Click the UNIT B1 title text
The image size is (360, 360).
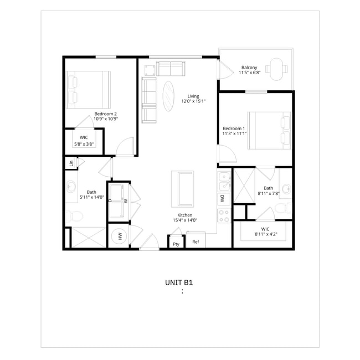coord(179,282)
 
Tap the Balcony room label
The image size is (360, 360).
coord(249,68)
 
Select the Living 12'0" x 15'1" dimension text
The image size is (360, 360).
coord(193,101)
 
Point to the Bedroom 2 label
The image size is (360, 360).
coord(106,114)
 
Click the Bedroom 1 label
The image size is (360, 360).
coord(234,128)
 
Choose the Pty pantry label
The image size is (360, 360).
coord(176,244)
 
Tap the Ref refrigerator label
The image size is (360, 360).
coord(196,242)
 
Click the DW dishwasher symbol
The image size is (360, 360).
coord(224,199)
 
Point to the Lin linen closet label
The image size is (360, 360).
coord(71,163)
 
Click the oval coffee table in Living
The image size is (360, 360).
coord(168,96)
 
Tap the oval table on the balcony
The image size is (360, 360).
coord(276,69)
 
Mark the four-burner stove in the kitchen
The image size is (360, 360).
coord(224,215)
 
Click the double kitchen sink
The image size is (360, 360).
coord(224,182)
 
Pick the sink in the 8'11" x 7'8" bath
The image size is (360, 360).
coord(286,189)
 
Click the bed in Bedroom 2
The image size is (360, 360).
coord(89,90)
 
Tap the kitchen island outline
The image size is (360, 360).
coord(183,189)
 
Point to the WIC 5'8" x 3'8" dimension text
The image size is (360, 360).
coord(84,145)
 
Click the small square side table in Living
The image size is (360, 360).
coord(150,70)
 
